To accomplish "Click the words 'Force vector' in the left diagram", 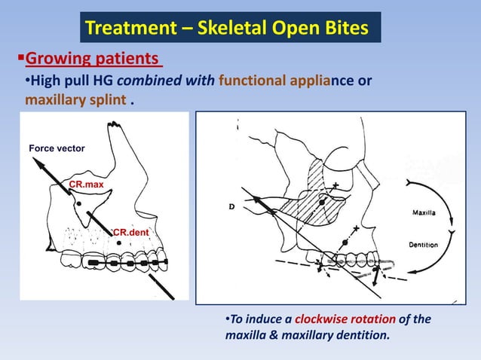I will pos(57,149).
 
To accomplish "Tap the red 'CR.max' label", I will pos(86,184).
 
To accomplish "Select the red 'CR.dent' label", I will pos(131,233).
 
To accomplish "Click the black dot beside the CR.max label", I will pos(77,202).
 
